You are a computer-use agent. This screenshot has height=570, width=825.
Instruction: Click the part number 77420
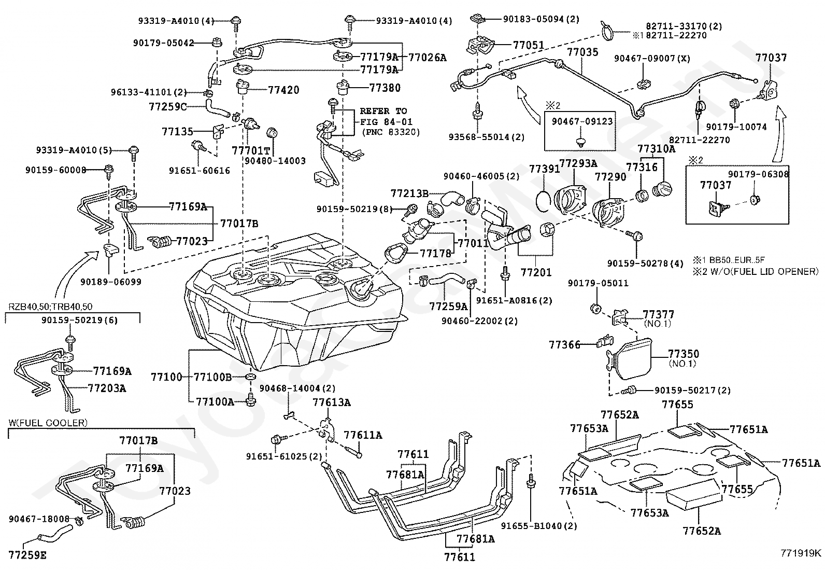pyautogui.click(x=283, y=90)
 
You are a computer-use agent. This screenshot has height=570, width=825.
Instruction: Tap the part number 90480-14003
pyautogui.click(x=275, y=161)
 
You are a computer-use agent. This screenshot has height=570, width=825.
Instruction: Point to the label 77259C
pyautogui.click(x=167, y=107)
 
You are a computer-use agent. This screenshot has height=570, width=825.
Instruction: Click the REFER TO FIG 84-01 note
pyautogui.click(x=383, y=121)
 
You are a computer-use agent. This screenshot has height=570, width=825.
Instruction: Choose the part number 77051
pyautogui.click(x=529, y=45)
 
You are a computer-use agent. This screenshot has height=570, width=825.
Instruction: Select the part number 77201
pyautogui.click(x=536, y=272)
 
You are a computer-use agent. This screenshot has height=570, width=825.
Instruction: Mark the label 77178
pyautogui.click(x=435, y=253)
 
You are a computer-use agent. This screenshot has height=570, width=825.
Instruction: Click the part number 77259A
pyautogui.click(x=448, y=307)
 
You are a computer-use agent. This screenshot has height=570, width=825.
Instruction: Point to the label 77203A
pyautogui.click(x=107, y=388)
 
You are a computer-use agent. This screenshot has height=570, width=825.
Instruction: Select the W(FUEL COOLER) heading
pyautogui.click(x=48, y=423)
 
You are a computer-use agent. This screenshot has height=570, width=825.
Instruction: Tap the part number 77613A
pyautogui.click(x=331, y=402)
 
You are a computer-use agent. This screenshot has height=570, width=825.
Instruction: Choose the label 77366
pyautogui.click(x=564, y=344)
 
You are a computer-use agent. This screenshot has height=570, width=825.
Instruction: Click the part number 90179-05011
pyautogui.click(x=598, y=283)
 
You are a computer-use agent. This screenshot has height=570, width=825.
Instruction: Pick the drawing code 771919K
pyautogui.click(x=802, y=552)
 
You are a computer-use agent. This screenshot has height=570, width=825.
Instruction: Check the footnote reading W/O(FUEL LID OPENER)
pyautogui.click(x=756, y=271)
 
